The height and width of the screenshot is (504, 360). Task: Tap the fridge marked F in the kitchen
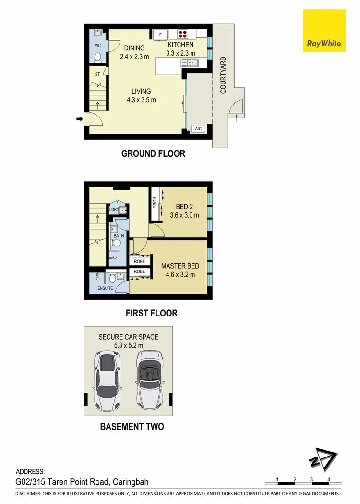pyautogui.click(x=160, y=34)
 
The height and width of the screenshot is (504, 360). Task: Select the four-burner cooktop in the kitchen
pyautogui.click(x=183, y=34)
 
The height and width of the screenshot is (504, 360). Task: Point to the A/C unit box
pyautogui.click(x=197, y=129)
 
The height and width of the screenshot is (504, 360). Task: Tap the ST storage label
pyautogui.click(x=97, y=74)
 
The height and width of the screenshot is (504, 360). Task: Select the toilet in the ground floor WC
pyautogui.click(x=97, y=58)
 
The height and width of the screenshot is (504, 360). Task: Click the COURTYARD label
pyautogui.click(x=223, y=75)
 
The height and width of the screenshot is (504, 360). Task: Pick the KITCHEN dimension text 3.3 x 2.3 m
pyautogui.click(x=180, y=53)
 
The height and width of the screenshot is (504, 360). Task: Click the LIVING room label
pyautogui.click(x=141, y=91)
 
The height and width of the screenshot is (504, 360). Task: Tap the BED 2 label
pyautogui.click(x=184, y=207)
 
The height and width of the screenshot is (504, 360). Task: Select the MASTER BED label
pyautogui.click(x=180, y=266)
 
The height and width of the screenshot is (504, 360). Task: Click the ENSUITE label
pyautogui.click(x=105, y=288)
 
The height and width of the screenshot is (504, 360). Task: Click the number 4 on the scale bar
pyautogui.click(x=329, y=479)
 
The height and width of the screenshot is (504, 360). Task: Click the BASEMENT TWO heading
pyautogui.click(x=132, y=426)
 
